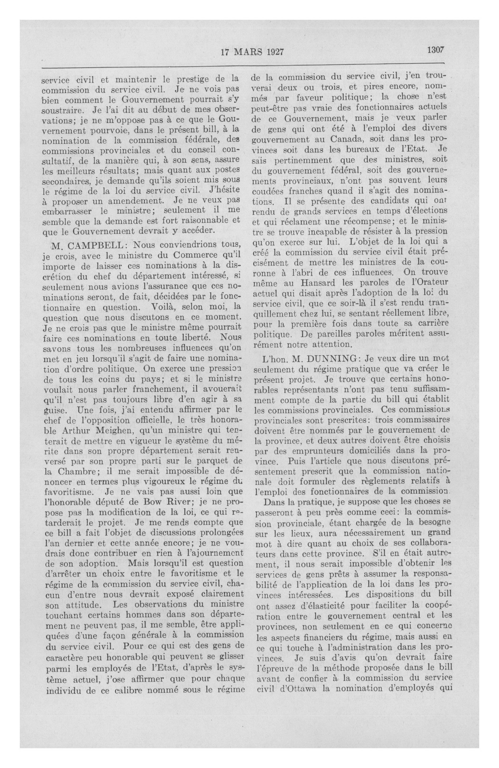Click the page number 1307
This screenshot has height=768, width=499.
point(436,50)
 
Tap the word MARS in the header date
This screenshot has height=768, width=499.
point(250,52)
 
